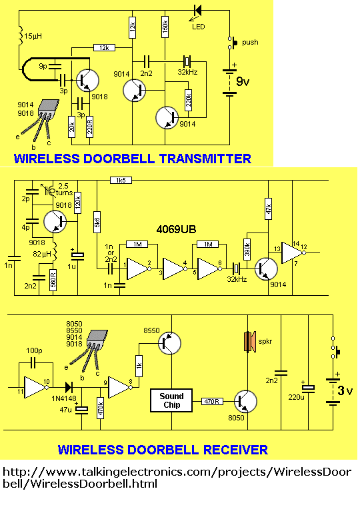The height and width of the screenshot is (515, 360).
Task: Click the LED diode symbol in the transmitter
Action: coord(197,10)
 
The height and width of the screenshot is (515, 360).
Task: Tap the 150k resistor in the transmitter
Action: coord(165,27)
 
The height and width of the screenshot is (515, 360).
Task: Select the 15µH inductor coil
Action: coord(20,35)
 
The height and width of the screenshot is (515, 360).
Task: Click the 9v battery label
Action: coord(243,81)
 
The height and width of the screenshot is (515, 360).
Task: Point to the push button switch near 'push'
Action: coord(233,43)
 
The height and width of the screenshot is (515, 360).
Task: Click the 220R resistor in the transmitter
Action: coord(89,127)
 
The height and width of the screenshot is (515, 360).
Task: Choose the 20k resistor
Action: coord(72,127)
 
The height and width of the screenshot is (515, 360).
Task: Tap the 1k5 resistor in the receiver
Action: coord(121,180)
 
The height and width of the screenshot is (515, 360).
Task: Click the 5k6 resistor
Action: coord(97,223)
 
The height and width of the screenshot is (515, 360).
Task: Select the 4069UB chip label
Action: coord(176,229)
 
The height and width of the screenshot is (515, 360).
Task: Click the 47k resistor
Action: coord(268,209)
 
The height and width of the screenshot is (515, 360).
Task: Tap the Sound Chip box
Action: coord(171,400)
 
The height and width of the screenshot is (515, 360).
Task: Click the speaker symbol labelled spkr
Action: coord(249,342)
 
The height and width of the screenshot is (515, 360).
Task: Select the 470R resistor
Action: coord(212,401)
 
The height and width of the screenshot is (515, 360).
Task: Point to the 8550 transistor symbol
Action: coord(169,343)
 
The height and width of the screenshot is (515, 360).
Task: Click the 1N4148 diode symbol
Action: coord(69,388)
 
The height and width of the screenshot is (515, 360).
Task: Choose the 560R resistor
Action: coord(53,280)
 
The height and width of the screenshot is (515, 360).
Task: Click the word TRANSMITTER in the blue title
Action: coord(201,159)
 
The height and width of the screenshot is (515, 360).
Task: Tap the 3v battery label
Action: coord(345,391)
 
